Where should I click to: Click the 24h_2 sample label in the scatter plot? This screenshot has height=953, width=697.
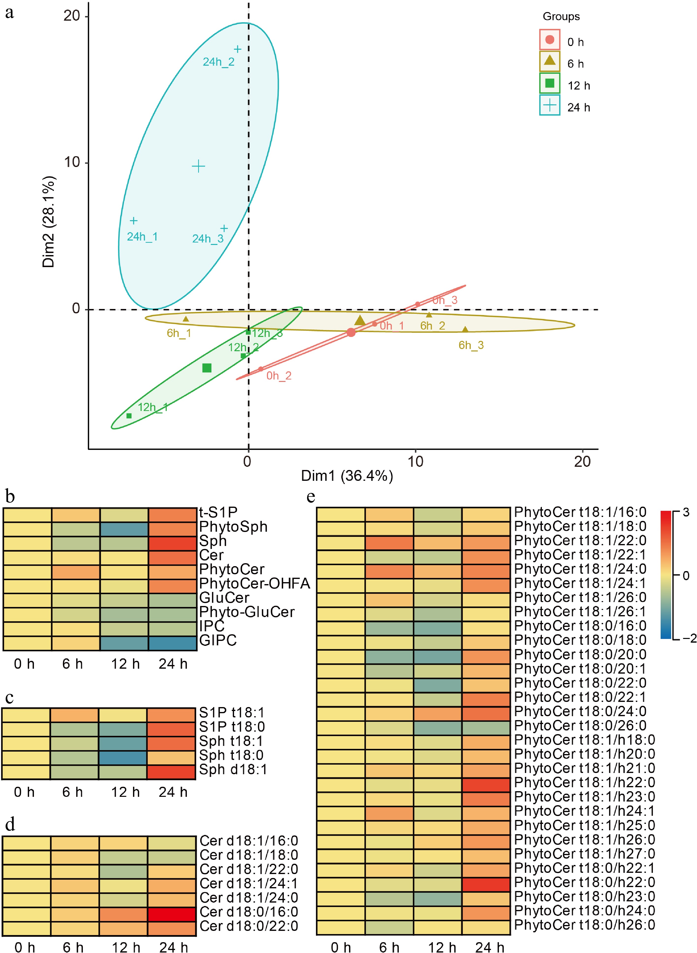click(219, 62)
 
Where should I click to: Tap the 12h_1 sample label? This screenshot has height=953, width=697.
click(153, 407)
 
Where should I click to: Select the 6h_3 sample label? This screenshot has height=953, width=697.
click(471, 345)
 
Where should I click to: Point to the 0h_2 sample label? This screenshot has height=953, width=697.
click(279, 376)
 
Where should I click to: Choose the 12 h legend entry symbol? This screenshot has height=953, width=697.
click(549, 83)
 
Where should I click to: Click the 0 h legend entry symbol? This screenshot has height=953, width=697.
click(549, 40)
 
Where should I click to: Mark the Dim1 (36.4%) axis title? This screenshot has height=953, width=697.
click(347, 476)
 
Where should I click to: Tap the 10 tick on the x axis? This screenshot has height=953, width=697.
click(415, 462)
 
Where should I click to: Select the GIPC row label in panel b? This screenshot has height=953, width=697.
click(218, 640)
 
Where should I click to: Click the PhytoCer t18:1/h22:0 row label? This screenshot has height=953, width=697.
click(584, 782)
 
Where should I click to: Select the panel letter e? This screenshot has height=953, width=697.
click(311, 497)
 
